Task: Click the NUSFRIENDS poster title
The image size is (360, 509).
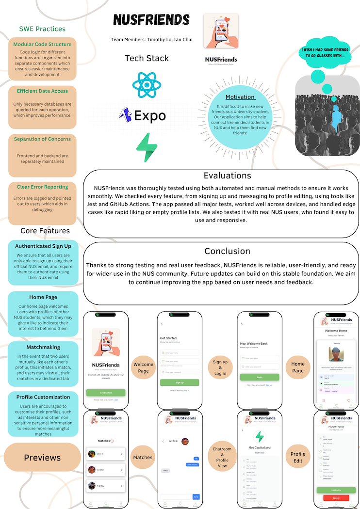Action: [151, 19]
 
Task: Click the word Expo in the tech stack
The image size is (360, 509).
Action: [150, 116]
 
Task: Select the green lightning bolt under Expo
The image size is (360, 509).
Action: [147, 148]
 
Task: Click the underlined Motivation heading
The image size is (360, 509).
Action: [240, 97]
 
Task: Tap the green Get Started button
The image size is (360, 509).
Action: [106, 393]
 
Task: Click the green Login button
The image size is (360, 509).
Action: [260, 377]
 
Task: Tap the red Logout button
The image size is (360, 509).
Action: [336, 497]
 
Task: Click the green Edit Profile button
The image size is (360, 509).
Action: [336, 490]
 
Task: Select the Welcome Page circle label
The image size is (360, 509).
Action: [143, 367]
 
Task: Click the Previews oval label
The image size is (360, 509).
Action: [42, 457]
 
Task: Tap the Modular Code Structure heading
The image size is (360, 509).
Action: [42, 44]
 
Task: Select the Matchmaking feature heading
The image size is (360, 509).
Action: [43, 347]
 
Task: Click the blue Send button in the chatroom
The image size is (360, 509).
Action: [196, 497]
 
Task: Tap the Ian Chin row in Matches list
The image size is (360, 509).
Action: [105, 470]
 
